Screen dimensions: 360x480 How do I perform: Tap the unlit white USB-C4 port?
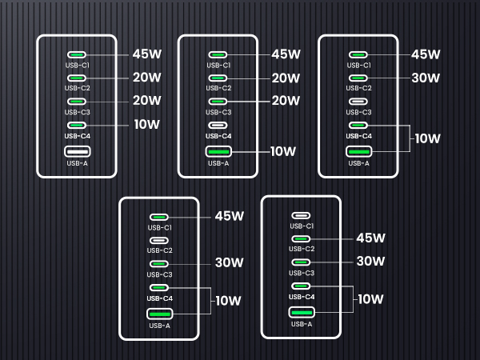click(x=218, y=125)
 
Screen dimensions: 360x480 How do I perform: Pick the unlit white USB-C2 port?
click(x=159, y=240)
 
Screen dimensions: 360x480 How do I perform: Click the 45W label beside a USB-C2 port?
click(x=370, y=238)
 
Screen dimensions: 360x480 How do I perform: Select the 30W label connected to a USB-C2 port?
click(x=426, y=78)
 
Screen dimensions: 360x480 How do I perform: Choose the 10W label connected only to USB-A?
click(x=286, y=151)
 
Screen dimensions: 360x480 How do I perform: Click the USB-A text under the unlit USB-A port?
click(x=77, y=163)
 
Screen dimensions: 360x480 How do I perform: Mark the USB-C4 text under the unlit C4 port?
click(x=218, y=136)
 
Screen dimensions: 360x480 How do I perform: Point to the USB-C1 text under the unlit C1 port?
click(x=301, y=226)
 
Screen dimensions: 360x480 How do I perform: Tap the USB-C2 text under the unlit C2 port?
click(x=159, y=250)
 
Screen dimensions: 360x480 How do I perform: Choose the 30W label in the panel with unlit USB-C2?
click(x=230, y=262)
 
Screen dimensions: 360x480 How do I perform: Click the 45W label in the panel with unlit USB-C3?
click(x=426, y=54)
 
